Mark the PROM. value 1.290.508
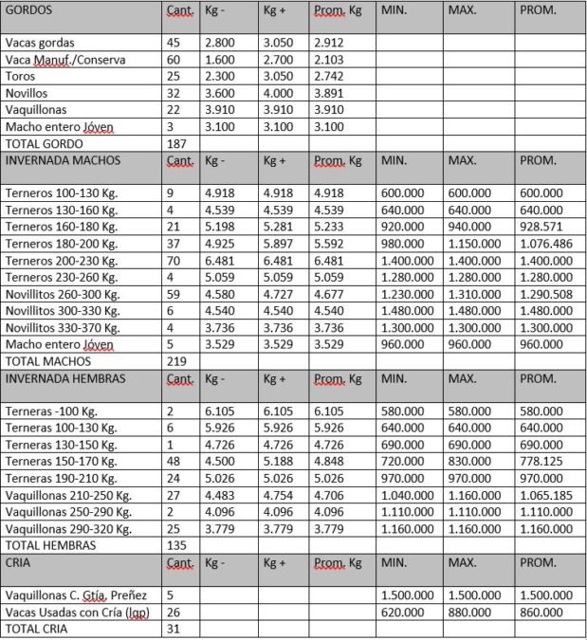pos(547,295)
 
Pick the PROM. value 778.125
pos(541,462)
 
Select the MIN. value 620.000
pos(399,613)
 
